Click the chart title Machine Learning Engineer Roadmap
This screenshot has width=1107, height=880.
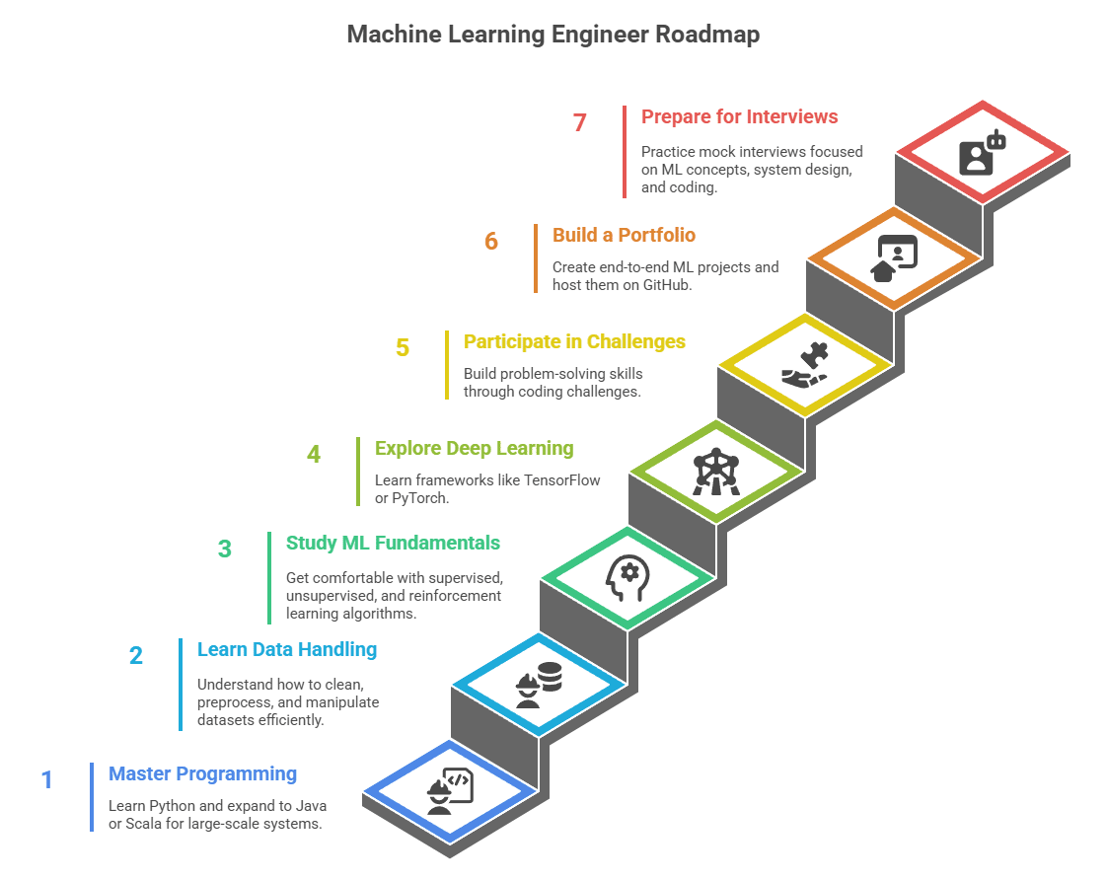point(553,35)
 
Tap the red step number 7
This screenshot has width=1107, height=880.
point(580,123)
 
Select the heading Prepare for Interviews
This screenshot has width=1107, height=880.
point(739,116)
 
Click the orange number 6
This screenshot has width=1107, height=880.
point(491,242)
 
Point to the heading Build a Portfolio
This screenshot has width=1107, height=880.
point(624,235)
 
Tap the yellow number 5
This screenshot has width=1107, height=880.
point(403,348)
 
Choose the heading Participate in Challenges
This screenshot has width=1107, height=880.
point(574,341)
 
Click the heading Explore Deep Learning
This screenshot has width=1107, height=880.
point(474,448)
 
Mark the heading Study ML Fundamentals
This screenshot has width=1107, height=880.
point(393,543)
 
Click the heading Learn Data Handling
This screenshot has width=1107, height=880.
point(287,649)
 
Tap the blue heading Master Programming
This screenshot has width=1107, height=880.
point(202,773)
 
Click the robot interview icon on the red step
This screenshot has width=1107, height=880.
point(982,154)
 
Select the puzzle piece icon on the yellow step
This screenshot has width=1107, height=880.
point(805,365)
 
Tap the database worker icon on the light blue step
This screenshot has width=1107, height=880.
point(539,684)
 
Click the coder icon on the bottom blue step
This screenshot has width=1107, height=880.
point(450,790)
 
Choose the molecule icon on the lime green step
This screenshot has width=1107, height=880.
point(715,472)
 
